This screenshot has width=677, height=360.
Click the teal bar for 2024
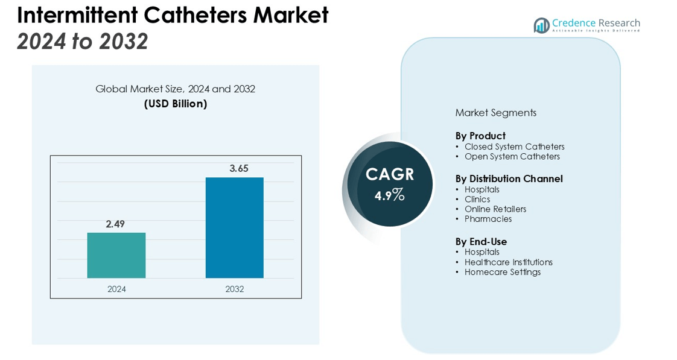pyautogui.click(x=116, y=255)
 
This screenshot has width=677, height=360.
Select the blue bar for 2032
pyautogui.click(x=234, y=227)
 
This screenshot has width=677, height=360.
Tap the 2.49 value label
pyautogui.click(x=115, y=224)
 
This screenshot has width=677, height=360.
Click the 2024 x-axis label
pyautogui.click(x=116, y=289)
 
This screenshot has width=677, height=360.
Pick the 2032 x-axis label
pyautogui.click(x=235, y=289)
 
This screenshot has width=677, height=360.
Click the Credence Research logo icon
pyautogui.click(x=541, y=25)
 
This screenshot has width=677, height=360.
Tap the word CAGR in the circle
pyautogui.click(x=390, y=175)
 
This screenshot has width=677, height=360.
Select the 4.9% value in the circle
pyautogui.click(x=389, y=195)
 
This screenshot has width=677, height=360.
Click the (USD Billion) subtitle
pyautogui.click(x=176, y=104)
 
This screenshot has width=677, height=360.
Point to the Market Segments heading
pyautogui.click(x=495, y=113)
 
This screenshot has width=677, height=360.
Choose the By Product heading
pyautogui.click(x=480, y=136)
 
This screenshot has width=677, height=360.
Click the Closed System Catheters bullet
pyautogui.click(x=514, y=147)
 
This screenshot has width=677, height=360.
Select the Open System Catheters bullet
pyautogui.click(x=512, y=157)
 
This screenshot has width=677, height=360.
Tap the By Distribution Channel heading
pyautogui.click(x=509, y=178)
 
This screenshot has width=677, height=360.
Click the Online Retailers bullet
pyautogui.click(x=495, y=209)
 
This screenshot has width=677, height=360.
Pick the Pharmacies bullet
pyautogui.click(x=488, y=219)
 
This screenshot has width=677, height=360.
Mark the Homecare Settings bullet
pyautogui.click(x=502, y=272)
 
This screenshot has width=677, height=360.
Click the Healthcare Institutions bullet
pyautogui.click(x=508, y=262)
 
